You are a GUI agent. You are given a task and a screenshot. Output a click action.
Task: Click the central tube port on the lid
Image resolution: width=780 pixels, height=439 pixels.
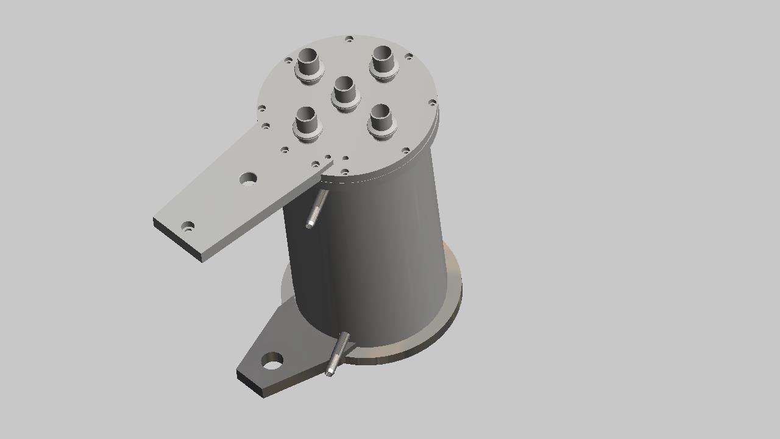click(x=344, y=91)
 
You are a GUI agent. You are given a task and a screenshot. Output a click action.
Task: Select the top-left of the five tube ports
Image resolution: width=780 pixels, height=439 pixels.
click(x=308, y=63)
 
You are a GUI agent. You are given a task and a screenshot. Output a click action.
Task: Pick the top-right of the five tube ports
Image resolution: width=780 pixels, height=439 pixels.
click(x=383, y=60)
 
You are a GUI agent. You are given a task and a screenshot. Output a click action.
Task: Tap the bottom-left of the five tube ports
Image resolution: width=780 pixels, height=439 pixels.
click(x=306, y=121)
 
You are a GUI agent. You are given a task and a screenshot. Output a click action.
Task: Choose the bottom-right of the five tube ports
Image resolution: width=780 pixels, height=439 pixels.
click(x=381, y=119)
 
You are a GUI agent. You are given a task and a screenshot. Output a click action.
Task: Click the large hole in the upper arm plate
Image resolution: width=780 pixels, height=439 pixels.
click(x=248, y=179)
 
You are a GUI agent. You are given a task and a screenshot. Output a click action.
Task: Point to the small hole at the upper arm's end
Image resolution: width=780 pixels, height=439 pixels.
click(x=188, y=227)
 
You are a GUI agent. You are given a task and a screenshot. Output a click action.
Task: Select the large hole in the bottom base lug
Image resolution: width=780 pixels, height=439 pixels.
click(x=272, y=361)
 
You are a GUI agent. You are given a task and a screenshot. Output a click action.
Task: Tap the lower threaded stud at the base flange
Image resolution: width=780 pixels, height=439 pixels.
click(x=338, y=353)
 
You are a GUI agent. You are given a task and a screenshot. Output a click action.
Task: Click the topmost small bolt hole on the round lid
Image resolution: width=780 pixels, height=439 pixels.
click(x=349, y=40)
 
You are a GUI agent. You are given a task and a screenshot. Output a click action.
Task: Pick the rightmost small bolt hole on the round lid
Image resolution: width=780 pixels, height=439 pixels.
click(x=432, y=102)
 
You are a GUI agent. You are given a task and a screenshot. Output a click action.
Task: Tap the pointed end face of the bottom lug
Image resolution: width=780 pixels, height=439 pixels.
click(x=250, y=384)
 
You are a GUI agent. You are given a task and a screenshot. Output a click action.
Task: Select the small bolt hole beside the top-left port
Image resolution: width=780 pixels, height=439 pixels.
click(x=288, y=60)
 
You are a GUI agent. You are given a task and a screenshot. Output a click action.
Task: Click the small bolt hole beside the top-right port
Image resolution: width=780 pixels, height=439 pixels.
click(x=409, y=57)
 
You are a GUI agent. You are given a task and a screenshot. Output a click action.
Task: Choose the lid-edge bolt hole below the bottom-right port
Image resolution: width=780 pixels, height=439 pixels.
click(x=406, y=150)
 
